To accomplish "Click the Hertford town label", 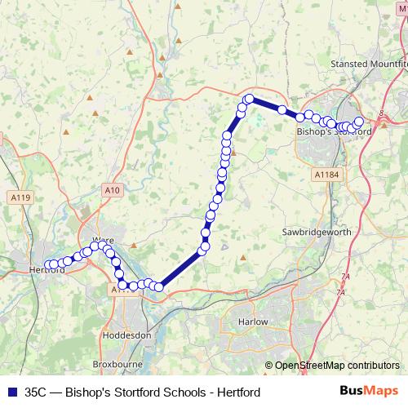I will click(46, 270).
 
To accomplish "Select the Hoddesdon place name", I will click(127, 335).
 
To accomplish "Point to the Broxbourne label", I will click(118, 364).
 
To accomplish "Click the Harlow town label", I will click(253, 322).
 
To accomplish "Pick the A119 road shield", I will click(21, 197).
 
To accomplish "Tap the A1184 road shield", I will click(324, 174).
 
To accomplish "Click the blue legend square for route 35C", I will click(12, 392).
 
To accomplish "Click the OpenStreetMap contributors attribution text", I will click(337, 366).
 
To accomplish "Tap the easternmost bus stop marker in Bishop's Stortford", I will click(358, 122).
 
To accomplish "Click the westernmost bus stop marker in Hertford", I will click(47, 264).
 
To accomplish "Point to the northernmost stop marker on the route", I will click(250, 99).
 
